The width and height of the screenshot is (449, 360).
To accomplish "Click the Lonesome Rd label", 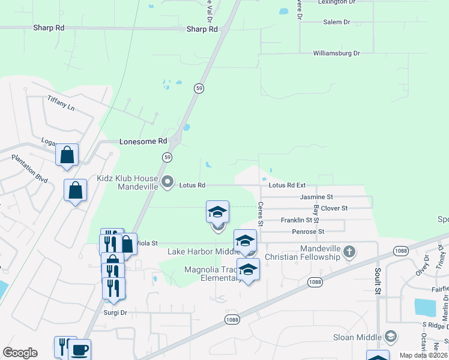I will click(x=143, y=141).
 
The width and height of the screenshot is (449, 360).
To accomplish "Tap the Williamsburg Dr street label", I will click(x=336, y=53).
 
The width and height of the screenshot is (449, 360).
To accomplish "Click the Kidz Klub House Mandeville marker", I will click(x=168, y=181).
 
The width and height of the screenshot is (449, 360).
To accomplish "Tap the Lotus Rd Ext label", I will click(x=287, y=185).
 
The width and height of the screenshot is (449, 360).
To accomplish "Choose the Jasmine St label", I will click(x=316, y=197).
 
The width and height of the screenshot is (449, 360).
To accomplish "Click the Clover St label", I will click(x=334, y=208).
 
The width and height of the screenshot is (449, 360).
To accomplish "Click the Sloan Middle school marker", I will click(x=391, y=335).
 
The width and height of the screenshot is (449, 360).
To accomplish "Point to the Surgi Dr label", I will click(x=115, y=313).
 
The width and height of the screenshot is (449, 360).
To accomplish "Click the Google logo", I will click(x=20, y=353).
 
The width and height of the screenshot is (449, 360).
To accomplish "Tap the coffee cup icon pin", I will click(x=80, y=349).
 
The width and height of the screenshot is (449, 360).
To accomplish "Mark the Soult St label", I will click(x=378, y=289).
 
